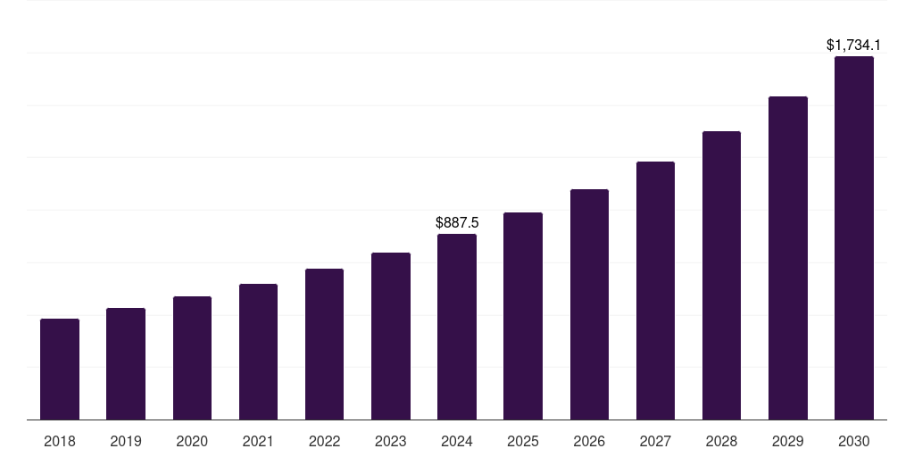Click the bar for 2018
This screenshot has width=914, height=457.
[60, 369]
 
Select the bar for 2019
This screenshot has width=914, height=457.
[126, 363]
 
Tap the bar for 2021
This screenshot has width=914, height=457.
[258, 352]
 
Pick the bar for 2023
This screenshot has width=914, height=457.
[391, 336]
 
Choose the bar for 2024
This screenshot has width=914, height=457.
[457, 327]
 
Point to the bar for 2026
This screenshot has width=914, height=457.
[589, 304]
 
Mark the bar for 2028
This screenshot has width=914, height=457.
[721, 275]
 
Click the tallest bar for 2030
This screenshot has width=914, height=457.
[854, 237]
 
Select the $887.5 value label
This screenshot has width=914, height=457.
[457, 222]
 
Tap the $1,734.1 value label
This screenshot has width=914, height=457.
[854, 45]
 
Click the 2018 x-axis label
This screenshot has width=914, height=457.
[60, 441]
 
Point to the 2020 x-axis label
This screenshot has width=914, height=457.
[192, 441]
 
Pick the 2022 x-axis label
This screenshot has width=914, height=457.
[325, 441]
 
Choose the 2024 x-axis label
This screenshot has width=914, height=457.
[457, 441]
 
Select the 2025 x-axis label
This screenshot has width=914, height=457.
[523, 441]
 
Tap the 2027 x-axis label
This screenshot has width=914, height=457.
[655, 441]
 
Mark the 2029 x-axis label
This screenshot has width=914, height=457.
[788, 441]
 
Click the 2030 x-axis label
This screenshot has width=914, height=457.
[854, 441]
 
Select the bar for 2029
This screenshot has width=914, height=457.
[788, 258]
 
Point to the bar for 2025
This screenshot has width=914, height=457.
[523, 316]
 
